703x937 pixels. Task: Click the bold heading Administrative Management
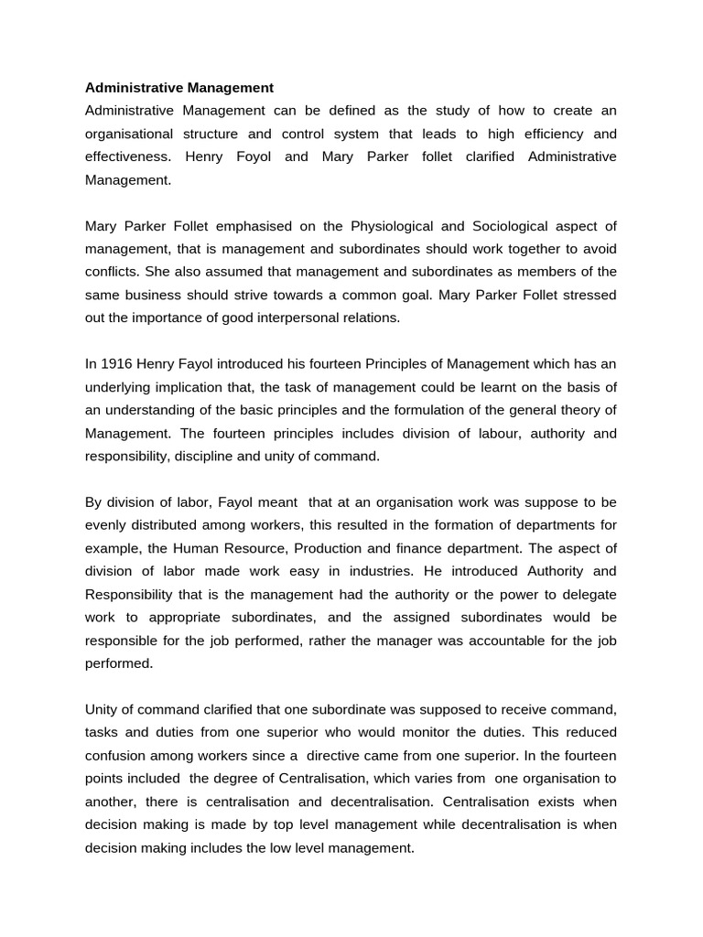pos(179,88)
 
